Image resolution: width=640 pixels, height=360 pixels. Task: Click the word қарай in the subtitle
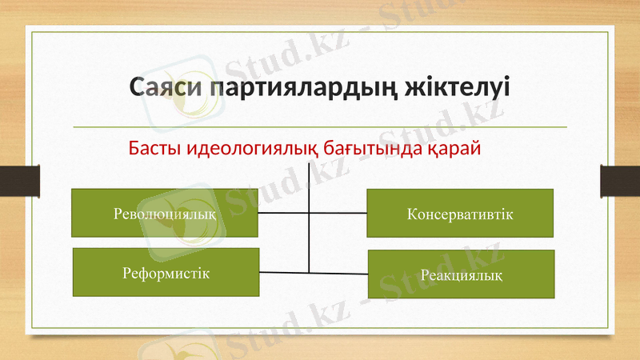tap(453, 149)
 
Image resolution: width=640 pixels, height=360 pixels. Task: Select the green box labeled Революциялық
tap(165, 213)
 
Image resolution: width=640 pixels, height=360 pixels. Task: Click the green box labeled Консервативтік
tap(460, 214)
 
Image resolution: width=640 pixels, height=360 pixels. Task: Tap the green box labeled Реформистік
tap(166, 273)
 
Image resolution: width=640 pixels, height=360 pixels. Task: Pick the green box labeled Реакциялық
tap(461, 274)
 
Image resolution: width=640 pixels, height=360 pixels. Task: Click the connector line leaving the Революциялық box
tap(283, 214)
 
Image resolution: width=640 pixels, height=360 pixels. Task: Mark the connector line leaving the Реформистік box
tap(284, 273)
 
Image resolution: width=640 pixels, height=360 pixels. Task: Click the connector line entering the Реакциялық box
tap(339, 274)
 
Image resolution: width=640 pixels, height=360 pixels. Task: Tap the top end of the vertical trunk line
tap(309, 162)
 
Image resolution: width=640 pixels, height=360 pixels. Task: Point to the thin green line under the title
tap(320, 127)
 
